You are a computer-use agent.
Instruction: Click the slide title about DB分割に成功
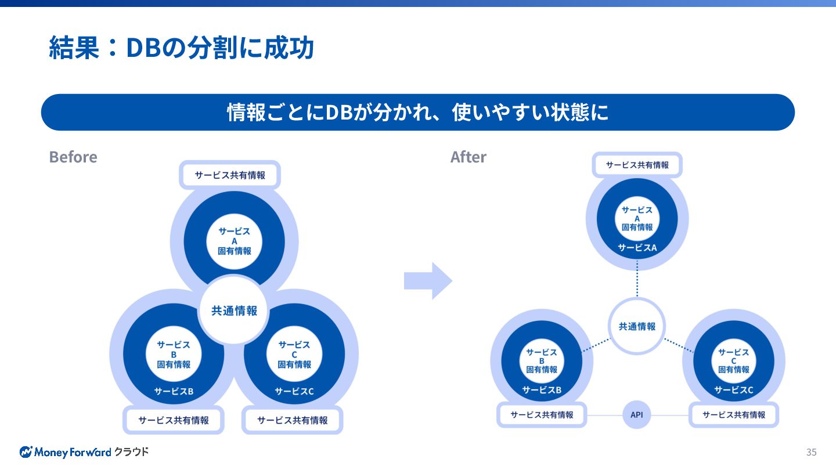click(181, 48)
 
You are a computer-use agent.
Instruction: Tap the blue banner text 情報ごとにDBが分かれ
click(417, 112)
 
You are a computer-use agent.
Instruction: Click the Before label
click(73, 157)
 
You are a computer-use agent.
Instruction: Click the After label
click(468, 157)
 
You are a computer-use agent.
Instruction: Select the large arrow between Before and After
click(427, 281)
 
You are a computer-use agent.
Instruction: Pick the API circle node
click(637, 415)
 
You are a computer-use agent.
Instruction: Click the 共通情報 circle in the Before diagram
click(234, 310)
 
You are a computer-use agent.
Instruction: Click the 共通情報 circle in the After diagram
click(637, 326)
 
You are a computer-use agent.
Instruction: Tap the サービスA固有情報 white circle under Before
click(235, 241)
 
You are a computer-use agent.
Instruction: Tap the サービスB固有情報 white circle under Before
click(174, 354)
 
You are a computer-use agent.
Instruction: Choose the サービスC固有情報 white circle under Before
click(294, 354)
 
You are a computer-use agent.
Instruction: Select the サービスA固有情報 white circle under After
click(637, 219)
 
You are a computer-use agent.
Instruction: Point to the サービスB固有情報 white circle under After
click(542, 360)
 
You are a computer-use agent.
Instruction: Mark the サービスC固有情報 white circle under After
click(733, 360)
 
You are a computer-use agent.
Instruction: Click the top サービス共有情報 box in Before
click(230, 175)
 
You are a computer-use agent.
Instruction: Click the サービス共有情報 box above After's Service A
click(637, 165)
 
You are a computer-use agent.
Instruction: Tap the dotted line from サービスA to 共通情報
click(637, 279)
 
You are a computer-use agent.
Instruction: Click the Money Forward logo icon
click(26, 452)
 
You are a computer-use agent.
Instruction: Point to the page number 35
click(811, 452)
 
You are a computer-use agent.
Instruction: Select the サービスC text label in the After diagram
click(733, 390)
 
